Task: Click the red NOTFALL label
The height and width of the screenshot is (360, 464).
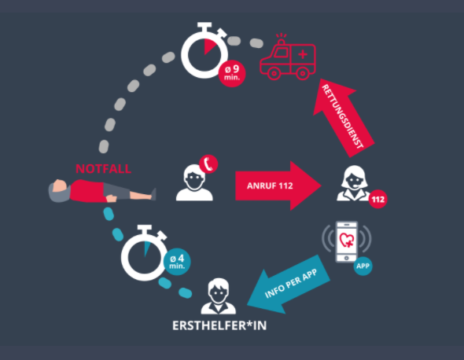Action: pos(103,169)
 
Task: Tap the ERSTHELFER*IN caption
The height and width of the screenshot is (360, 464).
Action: pos(219,325)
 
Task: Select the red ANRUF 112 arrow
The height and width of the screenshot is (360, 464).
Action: pos(278,186)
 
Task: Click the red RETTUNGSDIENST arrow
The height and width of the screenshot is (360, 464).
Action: pos(343,118)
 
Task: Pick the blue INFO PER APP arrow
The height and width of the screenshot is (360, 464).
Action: pos(289,285)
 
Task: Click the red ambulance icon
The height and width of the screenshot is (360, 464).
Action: pos(288,57)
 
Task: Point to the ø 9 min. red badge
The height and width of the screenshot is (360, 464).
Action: pos(232,73)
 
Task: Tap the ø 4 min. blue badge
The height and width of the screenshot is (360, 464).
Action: pos(177,262)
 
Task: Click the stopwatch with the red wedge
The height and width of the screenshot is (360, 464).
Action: pos(204,50)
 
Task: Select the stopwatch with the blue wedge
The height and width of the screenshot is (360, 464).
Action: pos(145,253)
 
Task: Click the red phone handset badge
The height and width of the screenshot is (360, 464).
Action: pos(208,163)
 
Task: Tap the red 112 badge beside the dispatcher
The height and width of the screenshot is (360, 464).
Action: pos(378,199)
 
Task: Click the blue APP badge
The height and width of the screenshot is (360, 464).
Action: pos(363,266)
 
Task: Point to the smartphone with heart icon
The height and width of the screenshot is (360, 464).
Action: pos(347,241)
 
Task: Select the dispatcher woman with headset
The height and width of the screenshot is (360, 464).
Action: pos(354,183)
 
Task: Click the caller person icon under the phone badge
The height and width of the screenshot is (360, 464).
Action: pos(194,183)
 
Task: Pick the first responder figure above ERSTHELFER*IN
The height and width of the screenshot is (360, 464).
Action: pos(219,296)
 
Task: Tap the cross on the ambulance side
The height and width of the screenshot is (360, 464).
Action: pos(303,54)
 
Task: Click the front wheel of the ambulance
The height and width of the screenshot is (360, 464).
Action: pos(274,73)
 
